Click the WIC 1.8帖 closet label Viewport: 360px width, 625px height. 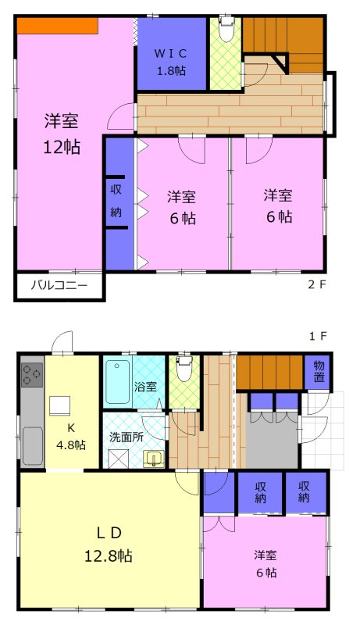click(170, 61)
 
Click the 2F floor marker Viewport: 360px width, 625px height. click(316, 286)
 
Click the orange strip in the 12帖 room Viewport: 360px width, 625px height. click(57, 26)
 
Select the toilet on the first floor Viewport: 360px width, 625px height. click(184, 370)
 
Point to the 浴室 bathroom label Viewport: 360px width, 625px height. click(145, 386)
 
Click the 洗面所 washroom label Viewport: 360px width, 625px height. click(126, 437)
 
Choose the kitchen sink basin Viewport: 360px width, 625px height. click(33, 446)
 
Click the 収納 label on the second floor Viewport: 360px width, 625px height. click(115, 200)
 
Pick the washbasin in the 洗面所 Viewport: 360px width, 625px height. click(153, 459)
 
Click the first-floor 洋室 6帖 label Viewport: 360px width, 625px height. click(265, 564)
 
